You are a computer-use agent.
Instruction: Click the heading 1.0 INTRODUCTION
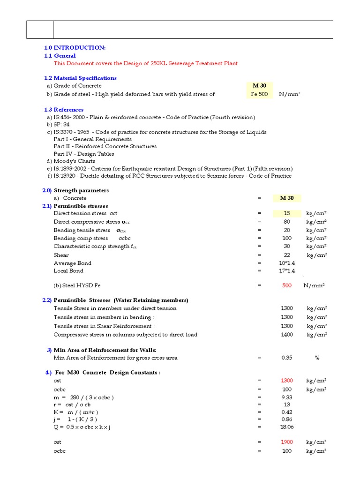(x=75, y=48)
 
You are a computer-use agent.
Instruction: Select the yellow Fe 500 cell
(x=259, y=94)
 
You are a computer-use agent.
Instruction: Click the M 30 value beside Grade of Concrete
(x=259, y=86)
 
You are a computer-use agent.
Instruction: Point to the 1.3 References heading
(x=64, y=110)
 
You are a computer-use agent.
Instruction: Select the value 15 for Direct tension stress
(x=287, y=213)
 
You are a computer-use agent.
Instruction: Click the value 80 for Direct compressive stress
(x=287, y=222)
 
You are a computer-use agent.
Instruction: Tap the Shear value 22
(x=287, y=255)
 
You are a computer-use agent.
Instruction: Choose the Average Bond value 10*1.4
(x=287, y=263)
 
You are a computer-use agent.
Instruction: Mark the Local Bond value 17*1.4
(x=287, y=271)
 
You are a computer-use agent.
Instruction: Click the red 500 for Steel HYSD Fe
(x=287, y=285)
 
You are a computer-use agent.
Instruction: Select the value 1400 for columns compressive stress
(x=287, y=335)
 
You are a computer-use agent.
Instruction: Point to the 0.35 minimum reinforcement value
(x=287, y=358)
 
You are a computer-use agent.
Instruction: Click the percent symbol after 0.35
(x=317, y=358)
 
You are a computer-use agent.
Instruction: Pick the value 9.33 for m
(x=287, y=397)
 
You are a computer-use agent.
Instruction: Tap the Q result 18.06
(x=287, y=427)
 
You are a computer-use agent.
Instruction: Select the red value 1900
(x=287, y=442)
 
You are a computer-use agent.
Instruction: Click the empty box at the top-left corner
(x=40, y=30)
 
